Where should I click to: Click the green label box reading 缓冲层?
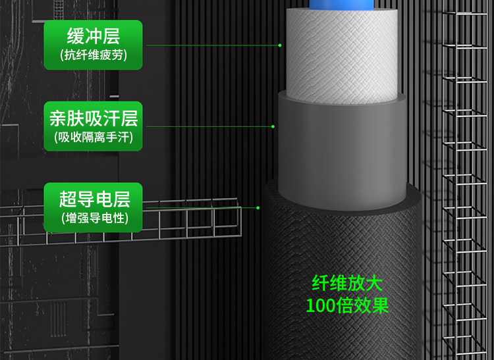click(x=93, y=44)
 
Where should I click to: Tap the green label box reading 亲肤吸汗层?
click(x=93, y=126)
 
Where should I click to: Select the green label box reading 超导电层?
click(x=93, y=207)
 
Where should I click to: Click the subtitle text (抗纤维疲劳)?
click(x=93, y=55)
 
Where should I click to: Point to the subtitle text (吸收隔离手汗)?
click(x=93, y=138)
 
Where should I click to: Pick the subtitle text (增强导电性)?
click(x=93, y=218)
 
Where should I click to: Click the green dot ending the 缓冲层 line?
click(x=280, y=45)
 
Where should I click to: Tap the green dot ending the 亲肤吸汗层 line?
click(x=273, y=126)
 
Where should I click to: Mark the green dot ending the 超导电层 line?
click(x=259, y=207)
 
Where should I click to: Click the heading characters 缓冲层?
click(x=94, y=35)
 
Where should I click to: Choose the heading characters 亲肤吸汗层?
click(x=94, y=118)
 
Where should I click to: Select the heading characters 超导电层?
click(x=94, y=198)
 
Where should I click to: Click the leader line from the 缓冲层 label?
click(x=211, y=45)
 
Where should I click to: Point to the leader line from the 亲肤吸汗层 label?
click(x=207, y=126)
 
